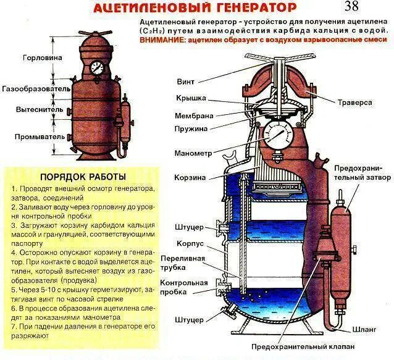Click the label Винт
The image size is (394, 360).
point(185,81)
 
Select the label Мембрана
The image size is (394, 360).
point(194,115)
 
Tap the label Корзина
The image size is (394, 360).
point(190,177)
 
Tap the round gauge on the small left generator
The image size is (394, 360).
point(96,67)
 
